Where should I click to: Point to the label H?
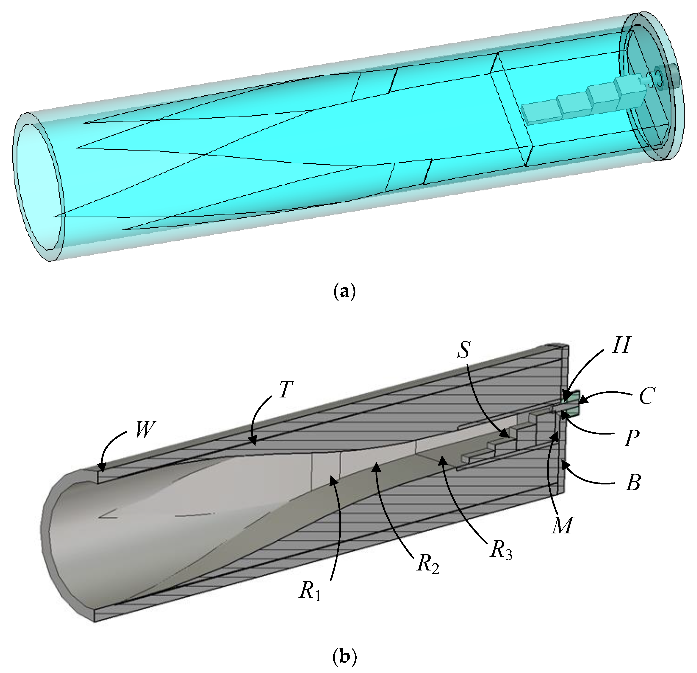click(x=622, y=345)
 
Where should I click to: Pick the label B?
click(x=633, y=483)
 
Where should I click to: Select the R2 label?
click(x=428, y=564)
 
